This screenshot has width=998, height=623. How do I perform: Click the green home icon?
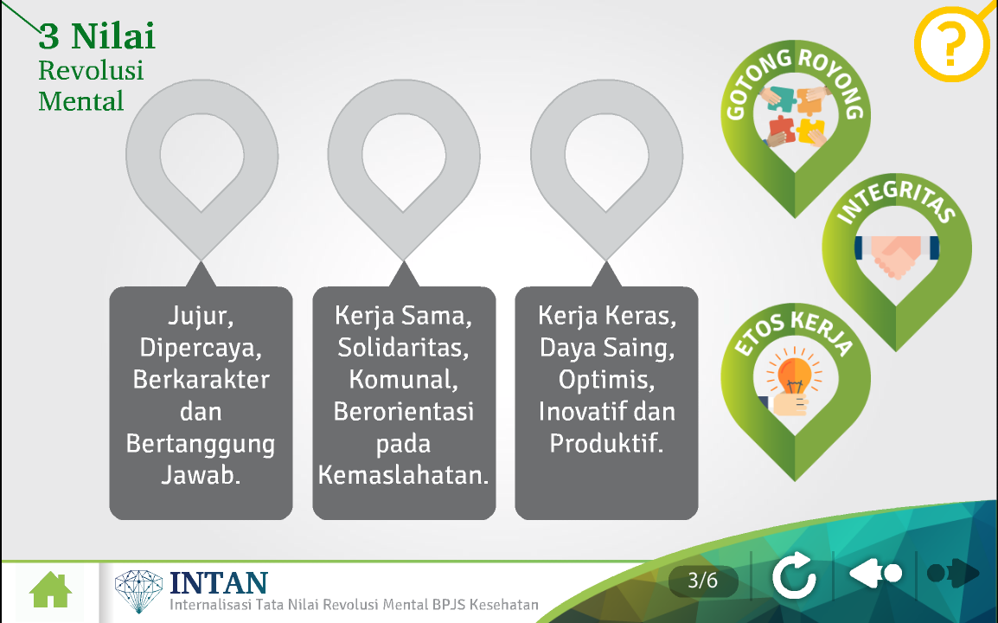50,590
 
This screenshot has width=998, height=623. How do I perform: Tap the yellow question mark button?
951,43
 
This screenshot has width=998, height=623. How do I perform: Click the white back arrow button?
875,574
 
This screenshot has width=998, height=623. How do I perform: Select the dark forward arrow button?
953,574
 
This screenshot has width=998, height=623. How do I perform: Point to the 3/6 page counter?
703,581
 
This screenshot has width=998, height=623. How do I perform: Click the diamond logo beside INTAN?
138,590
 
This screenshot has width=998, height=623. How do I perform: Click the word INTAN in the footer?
219,582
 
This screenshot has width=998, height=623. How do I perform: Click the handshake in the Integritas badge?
896,254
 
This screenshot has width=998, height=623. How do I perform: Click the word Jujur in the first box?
201,316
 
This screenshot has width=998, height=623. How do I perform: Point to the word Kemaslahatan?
404,475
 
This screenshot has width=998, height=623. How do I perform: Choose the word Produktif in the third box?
606,443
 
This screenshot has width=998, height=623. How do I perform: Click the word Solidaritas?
404,348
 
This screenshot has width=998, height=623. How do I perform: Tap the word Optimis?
606,380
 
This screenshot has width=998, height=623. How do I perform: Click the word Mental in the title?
80,101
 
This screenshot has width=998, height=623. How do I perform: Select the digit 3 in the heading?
49,36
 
